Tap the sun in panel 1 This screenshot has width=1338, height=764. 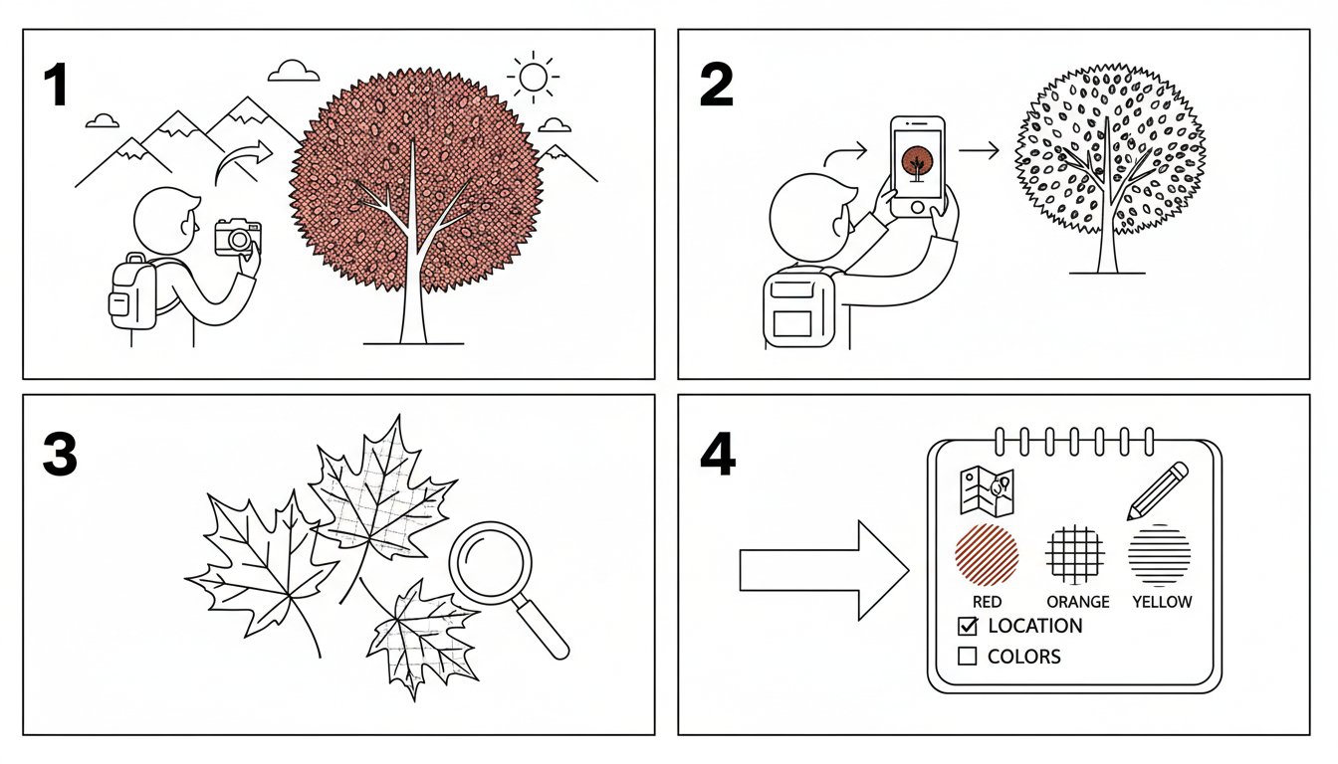coord(533,77)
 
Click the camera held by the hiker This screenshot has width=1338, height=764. coord(238,237)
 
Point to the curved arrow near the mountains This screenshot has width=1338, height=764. coord(242,160)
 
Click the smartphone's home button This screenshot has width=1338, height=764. coord(918,207)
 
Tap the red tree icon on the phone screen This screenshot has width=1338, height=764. coord(917,163)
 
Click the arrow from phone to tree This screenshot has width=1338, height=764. coord(979,150)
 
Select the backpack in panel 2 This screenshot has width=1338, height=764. coord(799,306)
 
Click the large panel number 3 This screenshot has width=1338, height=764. coord(60,454)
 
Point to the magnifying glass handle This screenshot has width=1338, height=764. coord(543,629)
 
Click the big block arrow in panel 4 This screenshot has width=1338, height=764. coord(824,571)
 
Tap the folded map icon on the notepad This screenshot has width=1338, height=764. coord(987,491)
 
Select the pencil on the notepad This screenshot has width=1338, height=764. coord(1157,490)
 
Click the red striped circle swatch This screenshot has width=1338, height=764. coord(987,554)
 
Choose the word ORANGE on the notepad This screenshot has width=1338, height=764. coord(1078,602)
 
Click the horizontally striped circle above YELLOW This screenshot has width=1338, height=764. coord(1160,554)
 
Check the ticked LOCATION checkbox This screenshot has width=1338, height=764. coord(968,626)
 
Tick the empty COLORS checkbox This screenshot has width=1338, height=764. coord(967,657)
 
